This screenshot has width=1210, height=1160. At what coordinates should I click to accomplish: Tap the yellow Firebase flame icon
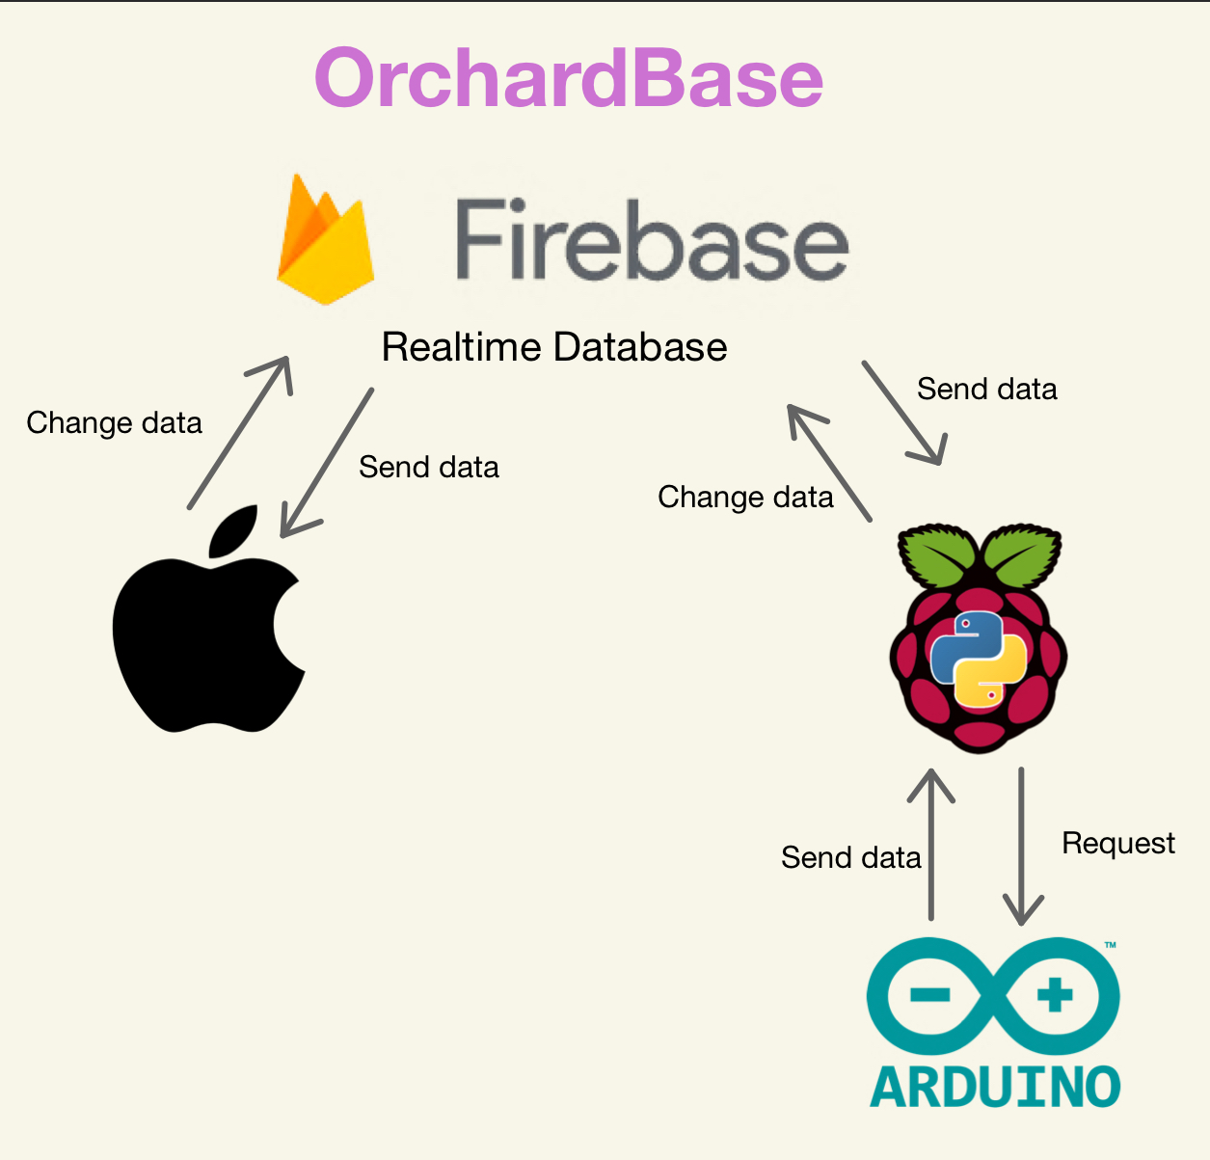click(x=325, y=241)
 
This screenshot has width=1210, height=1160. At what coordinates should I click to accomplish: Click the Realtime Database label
click(x=554, y=347)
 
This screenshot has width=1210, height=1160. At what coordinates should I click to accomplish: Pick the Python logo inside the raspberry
click(x=978, y=659)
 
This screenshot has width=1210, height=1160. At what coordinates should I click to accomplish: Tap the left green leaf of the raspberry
click(x=933, y=555)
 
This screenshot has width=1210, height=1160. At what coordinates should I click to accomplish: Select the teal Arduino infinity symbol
click(x=993, y=996)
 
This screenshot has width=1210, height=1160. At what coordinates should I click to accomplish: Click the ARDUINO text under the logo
click(x=995, y=1087)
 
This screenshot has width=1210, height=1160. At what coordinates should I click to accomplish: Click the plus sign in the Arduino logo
click(x=1054, y=995)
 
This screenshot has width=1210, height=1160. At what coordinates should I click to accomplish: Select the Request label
click(x=1118, y=844)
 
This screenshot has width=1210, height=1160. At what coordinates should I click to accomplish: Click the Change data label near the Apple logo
click(x=114, y=423)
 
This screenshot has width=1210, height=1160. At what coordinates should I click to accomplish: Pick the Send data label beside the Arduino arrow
click(x=850, y=857)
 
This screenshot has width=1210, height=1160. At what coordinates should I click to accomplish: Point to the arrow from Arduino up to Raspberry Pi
click(x=931, y=844)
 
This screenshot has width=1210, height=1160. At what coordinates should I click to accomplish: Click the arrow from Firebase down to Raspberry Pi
click(x=903, y=414)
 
